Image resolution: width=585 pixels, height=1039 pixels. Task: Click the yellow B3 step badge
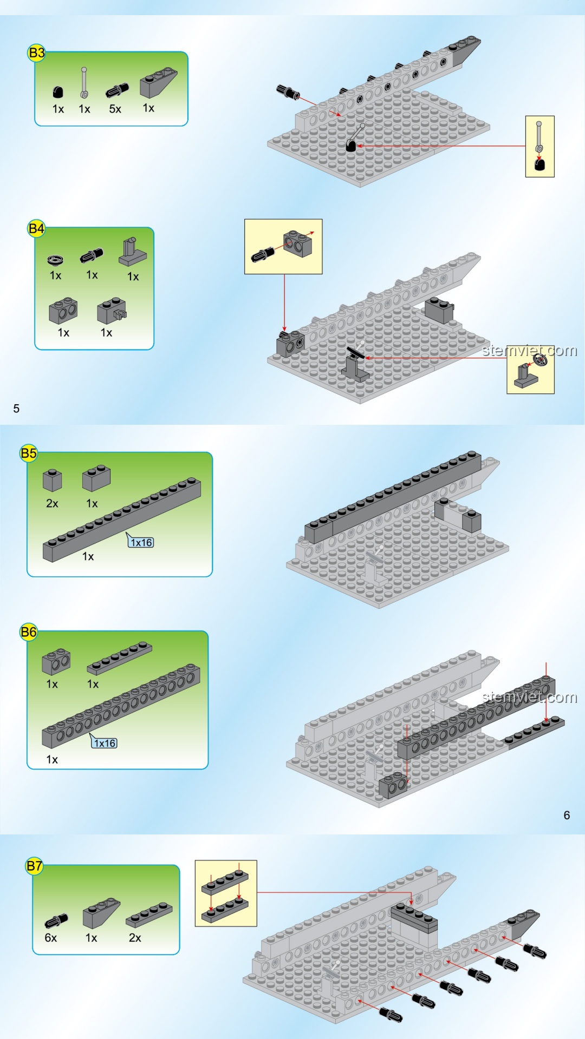[x=36, y=53]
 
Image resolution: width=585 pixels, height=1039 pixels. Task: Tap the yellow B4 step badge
[x=36, y=228]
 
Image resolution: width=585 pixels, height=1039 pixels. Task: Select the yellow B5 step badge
[x=29, y=453]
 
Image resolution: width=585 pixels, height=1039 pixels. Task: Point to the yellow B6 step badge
[x=29, y=632]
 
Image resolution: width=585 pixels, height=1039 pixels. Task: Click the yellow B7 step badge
[x=34, y=865]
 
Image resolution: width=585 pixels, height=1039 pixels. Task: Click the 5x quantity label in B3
[x=115, y=109]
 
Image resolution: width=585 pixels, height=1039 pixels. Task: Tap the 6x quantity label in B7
[x=50, y=938]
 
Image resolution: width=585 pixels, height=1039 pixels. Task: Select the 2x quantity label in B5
[x=52, y=503]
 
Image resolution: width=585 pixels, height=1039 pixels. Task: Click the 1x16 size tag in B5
[x=141, y=542]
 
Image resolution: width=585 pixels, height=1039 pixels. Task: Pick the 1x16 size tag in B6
[x=105, y=743]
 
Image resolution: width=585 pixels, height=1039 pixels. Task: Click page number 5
[x=16, y=409]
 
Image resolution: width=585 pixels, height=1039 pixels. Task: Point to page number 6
[x=567, y=815]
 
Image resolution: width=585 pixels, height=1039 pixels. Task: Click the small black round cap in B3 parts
[x=58, y=92]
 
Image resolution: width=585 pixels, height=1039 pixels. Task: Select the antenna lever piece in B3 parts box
[x=84, y=83]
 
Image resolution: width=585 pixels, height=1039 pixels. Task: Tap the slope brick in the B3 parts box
[x=158, y=82]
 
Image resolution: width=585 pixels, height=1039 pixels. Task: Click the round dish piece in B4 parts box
[x=55, y=260]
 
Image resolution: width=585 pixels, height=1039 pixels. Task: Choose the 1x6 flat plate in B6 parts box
[x=119, y=658]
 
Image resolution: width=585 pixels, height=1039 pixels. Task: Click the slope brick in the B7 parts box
[x=101, y=913]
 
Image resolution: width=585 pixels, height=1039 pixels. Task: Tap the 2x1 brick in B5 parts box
[x=96, y=478]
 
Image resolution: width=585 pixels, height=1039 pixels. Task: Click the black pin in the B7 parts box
[x=56, y=920]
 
